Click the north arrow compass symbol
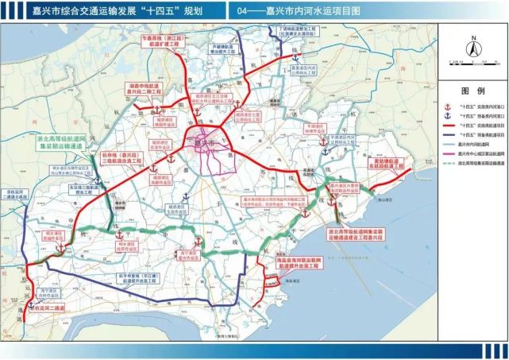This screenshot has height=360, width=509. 469,45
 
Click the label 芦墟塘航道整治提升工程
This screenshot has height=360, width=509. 226,48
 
